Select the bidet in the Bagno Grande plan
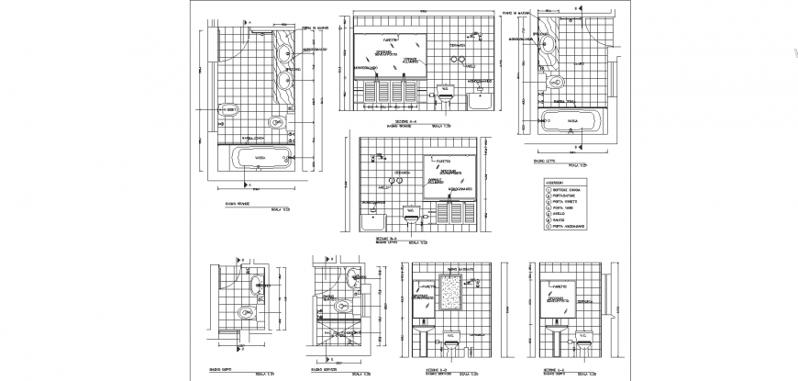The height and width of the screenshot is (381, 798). (x=229, y=110)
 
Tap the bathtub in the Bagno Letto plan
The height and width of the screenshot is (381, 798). (x=571, y=120)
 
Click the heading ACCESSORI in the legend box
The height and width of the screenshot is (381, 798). (x=556, y=183)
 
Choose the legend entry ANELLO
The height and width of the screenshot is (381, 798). (x=560, y=211)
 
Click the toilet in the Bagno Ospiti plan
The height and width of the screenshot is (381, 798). (x=245, y=313)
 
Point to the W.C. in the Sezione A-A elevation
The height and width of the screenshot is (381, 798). (x=446, y=92)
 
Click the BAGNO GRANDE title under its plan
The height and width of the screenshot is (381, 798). (x=236, y=203)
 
